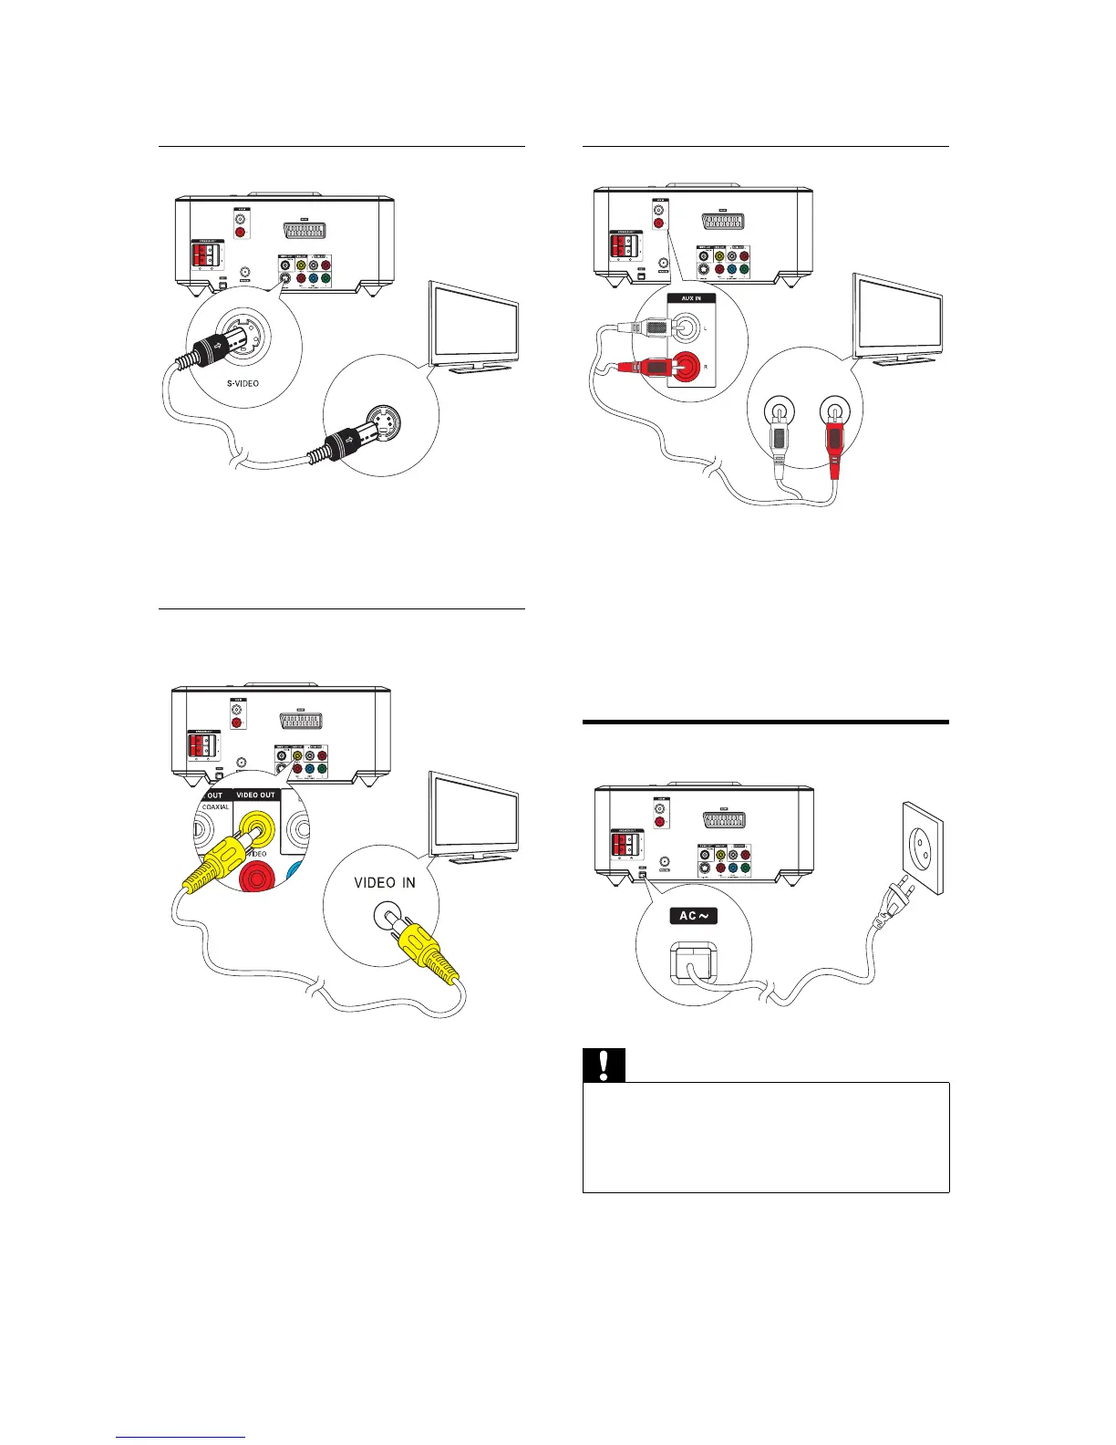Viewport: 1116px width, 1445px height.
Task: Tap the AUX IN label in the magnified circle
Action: click(691, 298)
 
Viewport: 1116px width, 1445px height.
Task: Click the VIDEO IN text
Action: click(384, 883)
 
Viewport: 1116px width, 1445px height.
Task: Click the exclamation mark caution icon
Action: click(604, 1066)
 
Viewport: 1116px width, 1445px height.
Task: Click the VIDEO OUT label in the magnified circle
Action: click(255, 795)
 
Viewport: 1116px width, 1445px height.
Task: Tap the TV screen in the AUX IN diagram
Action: click(897, 312)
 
